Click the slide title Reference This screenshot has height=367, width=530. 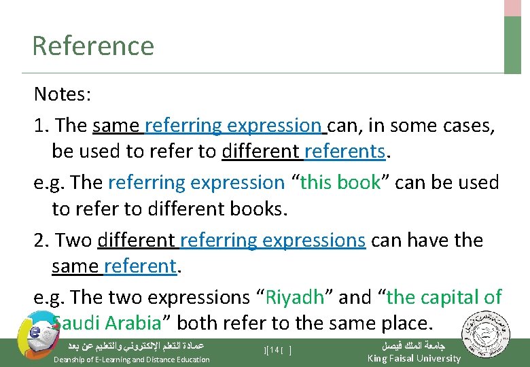(x=93, y=46)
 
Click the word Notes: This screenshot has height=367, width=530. (x=62, y=94)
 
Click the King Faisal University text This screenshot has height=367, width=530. (x=413, y=358)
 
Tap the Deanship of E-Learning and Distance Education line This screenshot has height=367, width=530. (x=131, y=360)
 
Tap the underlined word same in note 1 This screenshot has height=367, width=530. (x=116, y=126)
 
